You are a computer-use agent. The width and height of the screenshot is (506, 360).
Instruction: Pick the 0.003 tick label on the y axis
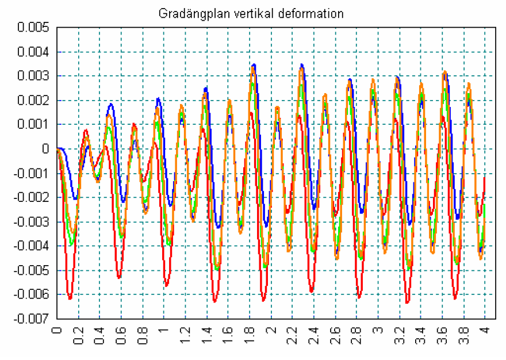click(x=33, y=76)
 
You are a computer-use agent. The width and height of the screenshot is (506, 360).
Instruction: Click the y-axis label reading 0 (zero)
click(x=45, y=150)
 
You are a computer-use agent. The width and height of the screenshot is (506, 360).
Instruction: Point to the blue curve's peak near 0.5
click(x=110, y=104)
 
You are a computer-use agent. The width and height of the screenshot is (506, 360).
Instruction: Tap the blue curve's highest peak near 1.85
click(x=254, y=64)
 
